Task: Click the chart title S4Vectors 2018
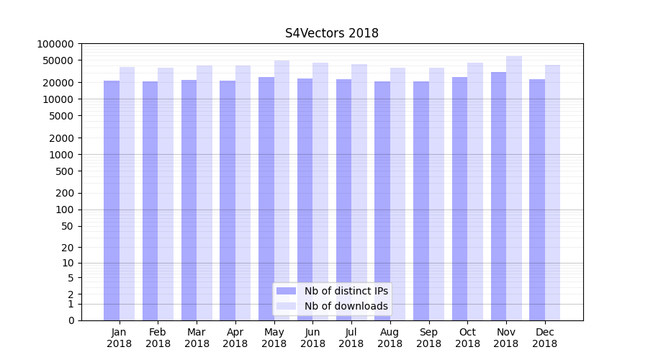331,33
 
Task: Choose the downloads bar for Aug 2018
397,194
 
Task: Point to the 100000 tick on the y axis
55,44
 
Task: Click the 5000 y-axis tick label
60,116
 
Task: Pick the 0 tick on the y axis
71,320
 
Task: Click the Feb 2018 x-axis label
158,338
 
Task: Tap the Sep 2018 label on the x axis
428,338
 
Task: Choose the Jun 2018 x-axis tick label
312,338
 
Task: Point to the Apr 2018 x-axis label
235,338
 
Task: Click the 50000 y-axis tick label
58,60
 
